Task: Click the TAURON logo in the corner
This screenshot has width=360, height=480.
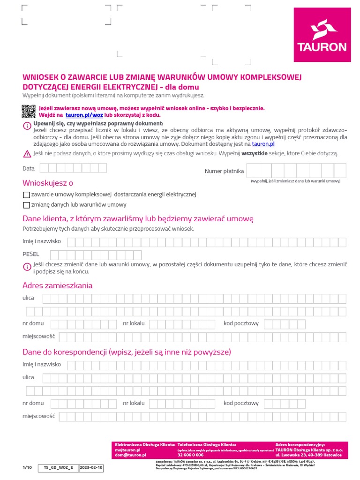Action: (322, 35)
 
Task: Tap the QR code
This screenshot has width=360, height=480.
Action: (28, 112)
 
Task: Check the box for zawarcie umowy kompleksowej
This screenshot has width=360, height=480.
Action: (26, 195)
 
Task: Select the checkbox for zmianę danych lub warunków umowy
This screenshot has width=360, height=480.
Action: (26, 205)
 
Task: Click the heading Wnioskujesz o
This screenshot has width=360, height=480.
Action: (48, 183)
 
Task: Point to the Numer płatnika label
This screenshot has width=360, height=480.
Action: (224, 171)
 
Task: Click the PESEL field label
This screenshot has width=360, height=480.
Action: (31, 254)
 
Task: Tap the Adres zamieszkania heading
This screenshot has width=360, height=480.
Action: (58, 285)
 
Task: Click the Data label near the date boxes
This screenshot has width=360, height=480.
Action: (29, 168)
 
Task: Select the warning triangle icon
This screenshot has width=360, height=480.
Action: (27, 154)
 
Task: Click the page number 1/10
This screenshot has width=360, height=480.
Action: (27, 468)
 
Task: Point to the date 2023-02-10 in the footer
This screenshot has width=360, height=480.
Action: (91, 468)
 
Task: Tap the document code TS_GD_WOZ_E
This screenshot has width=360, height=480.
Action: (59, 468)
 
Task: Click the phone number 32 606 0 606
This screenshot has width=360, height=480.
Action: (190, 455)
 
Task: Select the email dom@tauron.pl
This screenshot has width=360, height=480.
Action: (131, 455)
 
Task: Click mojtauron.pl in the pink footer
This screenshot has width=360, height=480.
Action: (128, 450)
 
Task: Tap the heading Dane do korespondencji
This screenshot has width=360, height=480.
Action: (127, 352)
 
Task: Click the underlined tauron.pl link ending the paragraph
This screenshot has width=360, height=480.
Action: (263, 144)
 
